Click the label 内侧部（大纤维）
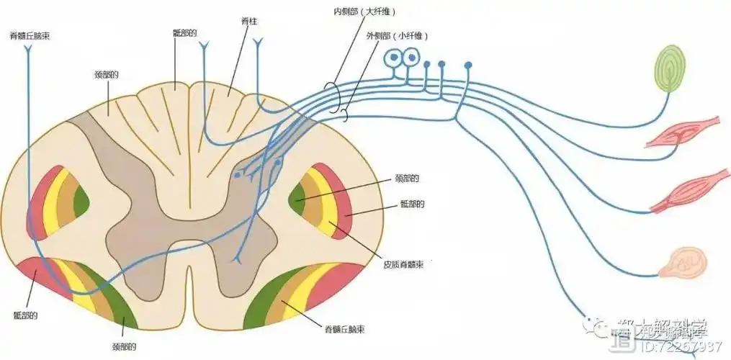[x=365, y=12]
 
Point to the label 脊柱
[x=249, y=23]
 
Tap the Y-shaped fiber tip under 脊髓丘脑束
[x=28, y=50]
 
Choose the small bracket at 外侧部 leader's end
[x=345, y=114]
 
